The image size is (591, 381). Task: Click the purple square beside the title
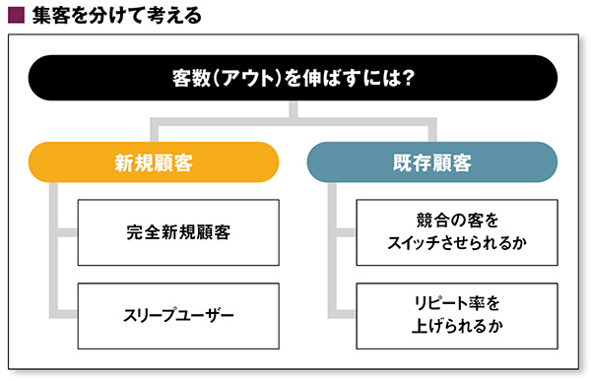click(x=16, y=16)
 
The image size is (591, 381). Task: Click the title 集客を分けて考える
click(x=117, y=16)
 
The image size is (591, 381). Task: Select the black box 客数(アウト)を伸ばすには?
click(x=293, y=78)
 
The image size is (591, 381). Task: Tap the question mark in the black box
click(x=408, y=78)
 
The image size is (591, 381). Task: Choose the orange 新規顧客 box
click(x=154, y=162)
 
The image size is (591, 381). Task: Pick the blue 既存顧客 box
click(x=432, y=162)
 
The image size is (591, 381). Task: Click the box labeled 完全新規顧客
click(x=178, y=232)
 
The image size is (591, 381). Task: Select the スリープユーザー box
click(x=178, y=316)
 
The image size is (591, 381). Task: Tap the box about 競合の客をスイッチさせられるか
click(x=457, y=232)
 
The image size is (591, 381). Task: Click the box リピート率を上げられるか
click(x=457, y=316)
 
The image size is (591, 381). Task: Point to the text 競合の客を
click(x=457, y=221)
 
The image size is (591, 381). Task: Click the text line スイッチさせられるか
click(x=457, y=243)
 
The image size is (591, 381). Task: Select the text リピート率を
click(x=457, y=303)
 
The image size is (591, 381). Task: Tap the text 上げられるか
click(x=457, y=326)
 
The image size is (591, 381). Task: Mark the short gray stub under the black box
click(x=294, y=109)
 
